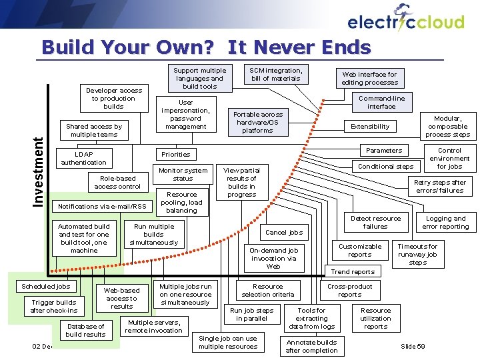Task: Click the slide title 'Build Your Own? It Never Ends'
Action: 205,47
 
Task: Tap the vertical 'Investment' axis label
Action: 39,171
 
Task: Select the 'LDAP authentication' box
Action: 83,158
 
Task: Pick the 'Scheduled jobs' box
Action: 45,287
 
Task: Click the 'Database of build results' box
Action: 85,330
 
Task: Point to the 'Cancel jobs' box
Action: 284,233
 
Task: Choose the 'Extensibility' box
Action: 370,126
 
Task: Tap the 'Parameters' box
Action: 384,150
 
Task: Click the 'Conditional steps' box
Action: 386,166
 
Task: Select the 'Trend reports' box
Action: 353,271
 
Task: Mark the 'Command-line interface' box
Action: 381,102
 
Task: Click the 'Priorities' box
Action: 176,154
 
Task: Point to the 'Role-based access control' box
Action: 117,182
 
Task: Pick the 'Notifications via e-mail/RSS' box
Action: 102,206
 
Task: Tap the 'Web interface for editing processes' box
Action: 369,79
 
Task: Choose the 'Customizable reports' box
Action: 360,250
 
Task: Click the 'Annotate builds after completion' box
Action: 311,346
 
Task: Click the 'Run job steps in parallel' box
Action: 251,314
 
